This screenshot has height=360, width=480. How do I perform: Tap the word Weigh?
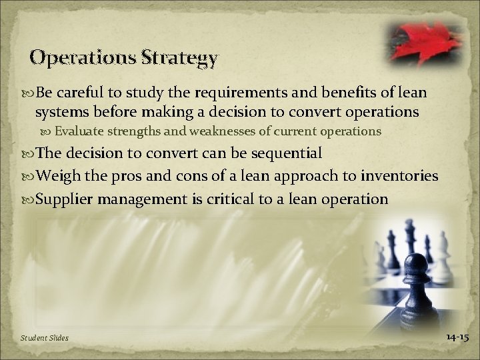(59, 176)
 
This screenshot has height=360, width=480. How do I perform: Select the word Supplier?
(65, 199)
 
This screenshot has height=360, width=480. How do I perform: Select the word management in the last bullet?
(149, 199)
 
